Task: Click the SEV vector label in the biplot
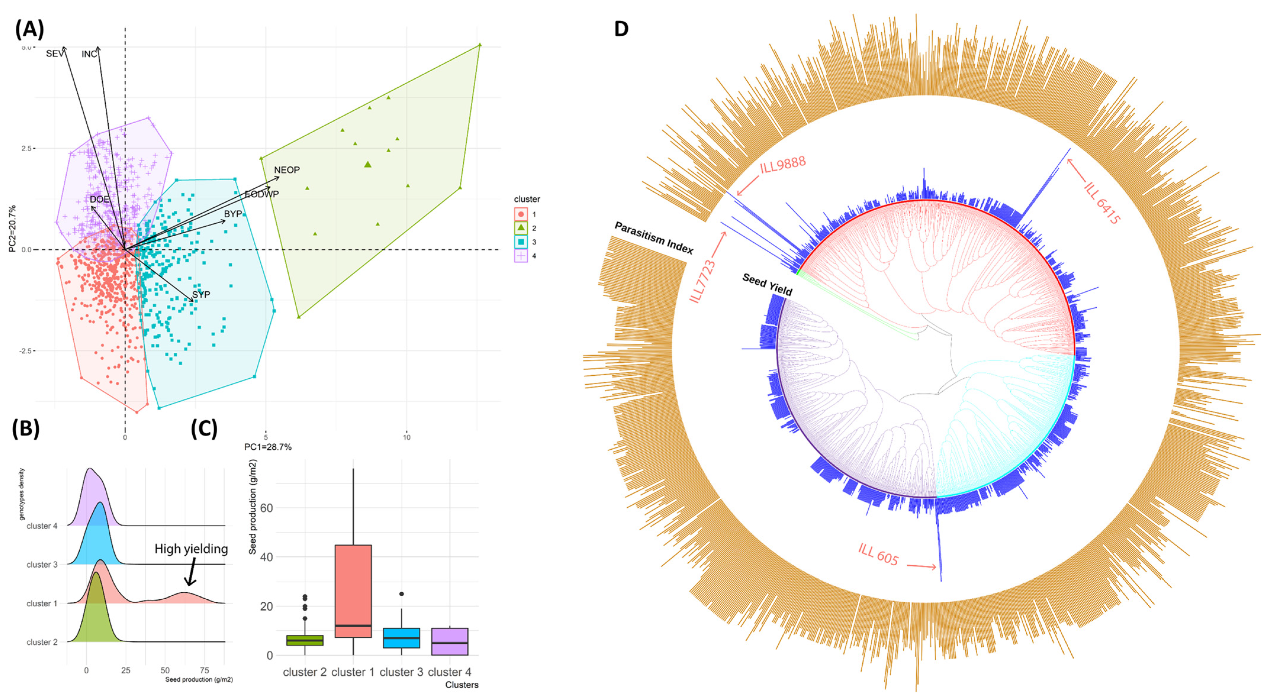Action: [x=54, y=54]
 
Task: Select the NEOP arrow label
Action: [x=287, y=170]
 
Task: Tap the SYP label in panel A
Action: [x=201, y=295]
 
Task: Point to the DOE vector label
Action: [x=99, y=199]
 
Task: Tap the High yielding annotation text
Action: [x=191, y=549]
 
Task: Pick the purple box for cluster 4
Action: [x=449, y=641]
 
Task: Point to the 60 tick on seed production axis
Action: [x=266, y=508]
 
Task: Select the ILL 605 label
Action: [x=878, y=555]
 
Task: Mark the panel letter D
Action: [x=621, y=29]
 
